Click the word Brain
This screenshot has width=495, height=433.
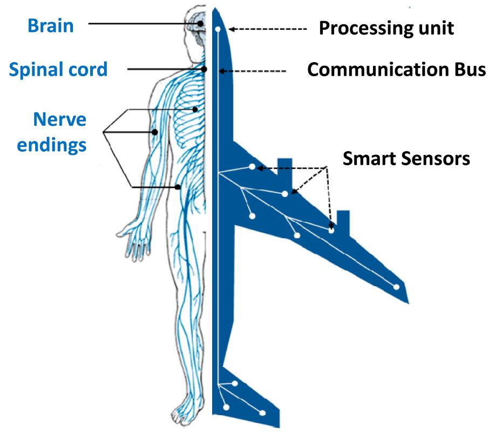click(51, 25)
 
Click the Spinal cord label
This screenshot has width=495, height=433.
click(58, 69)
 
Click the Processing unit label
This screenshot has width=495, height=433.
click(386, 28)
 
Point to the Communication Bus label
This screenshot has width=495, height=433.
click(396, 70)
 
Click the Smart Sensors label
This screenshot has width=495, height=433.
click(406, 158)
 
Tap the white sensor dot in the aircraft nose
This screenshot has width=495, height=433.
click(218, 29)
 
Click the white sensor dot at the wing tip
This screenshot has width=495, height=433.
click(396, 287)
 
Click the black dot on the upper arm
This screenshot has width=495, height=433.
click(155, 132)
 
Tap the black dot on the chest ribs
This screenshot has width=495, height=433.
click(196, 109)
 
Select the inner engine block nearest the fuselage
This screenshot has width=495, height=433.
click(284, 168)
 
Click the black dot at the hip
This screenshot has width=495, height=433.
click(179, 187)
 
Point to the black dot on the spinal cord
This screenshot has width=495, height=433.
click(205, 69)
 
